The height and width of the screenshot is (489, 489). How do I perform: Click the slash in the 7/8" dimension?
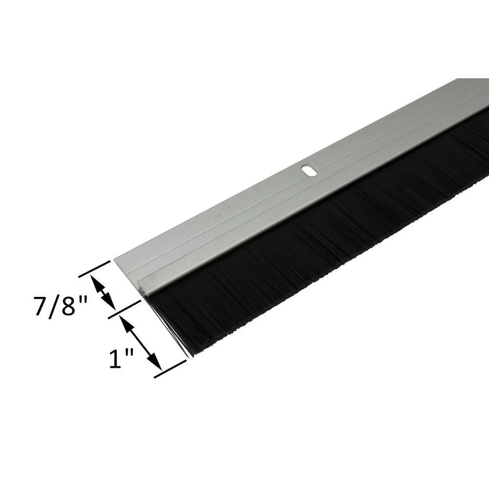tap(55, 307)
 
